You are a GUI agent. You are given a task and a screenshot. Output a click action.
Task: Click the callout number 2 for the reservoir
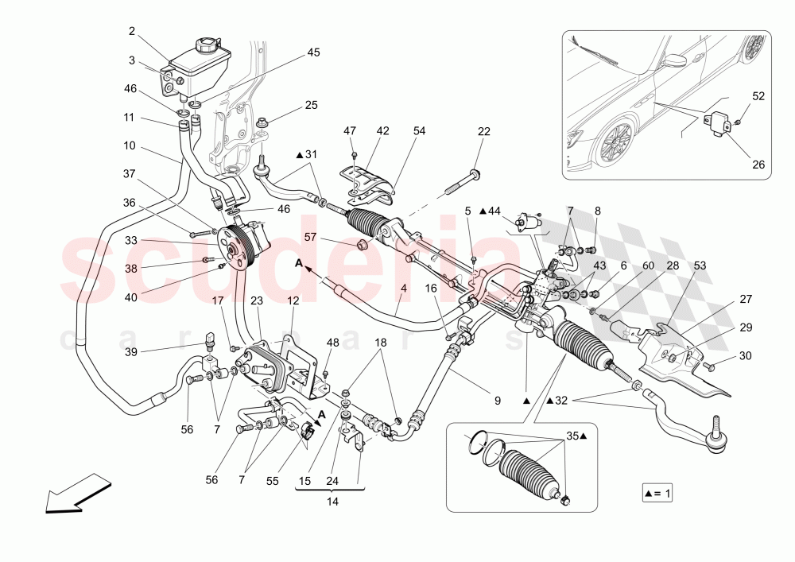pyautogui.click(x=132, y=32)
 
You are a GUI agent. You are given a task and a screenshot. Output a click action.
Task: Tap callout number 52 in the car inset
pyautogui.click(x=758, y=95)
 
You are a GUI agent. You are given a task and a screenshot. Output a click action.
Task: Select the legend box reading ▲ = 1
pyautogui.click(x=658, y=494)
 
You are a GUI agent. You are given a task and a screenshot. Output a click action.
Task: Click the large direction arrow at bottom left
pyautogui.click(x=76, y=493)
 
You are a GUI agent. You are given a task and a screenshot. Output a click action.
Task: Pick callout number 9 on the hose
pyautogui.click(x=497, y=401)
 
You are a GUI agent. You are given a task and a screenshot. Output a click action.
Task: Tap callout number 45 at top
pyautogui.click(x=313, y=53)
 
